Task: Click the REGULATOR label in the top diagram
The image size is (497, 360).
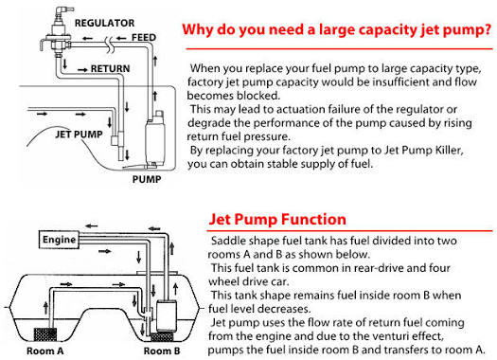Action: pos(104,23)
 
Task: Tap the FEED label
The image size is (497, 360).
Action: pos(144,38)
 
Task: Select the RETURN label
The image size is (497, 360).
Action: pos(110,68)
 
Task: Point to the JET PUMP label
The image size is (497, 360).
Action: pos(79,135)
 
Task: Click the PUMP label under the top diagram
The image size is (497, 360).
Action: pos(147,179)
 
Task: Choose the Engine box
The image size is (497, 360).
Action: pos(59,240)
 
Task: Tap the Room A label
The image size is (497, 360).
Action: pos(45,351)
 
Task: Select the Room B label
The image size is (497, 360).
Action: pos(162,351)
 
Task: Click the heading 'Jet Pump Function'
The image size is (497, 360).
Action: pos(277,219)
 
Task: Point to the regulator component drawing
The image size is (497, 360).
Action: pos(57,31)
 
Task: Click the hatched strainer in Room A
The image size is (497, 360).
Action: pos(45,335)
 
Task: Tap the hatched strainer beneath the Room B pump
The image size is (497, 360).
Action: pos(162,336)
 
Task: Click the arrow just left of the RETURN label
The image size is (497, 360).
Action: pos(82,69)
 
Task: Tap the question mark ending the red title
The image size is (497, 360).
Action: pos(488,29)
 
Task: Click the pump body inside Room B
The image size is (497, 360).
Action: pos(166,315)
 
